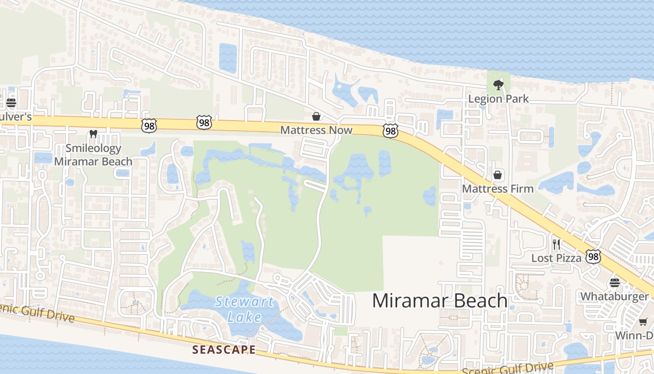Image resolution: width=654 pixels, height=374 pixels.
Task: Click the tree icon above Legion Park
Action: coord(498,85)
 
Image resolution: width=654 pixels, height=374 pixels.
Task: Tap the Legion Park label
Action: coord(498,99)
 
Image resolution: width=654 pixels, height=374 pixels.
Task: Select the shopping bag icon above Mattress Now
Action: coord(316,116)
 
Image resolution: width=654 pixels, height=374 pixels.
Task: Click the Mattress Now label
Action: coord(316,130)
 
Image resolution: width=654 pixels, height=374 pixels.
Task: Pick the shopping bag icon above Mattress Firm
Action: coord(498,175)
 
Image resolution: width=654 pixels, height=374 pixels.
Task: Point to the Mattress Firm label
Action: coord(498,189)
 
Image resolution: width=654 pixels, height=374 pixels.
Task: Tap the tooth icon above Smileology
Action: coord(93,134)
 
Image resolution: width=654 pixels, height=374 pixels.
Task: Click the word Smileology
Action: coord(93,148)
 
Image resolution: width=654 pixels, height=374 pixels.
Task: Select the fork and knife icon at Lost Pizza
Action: coord(556,244)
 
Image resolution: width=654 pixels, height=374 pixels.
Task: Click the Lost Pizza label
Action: coord(556,258)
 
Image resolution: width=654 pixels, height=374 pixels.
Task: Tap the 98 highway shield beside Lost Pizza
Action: coord(593,256)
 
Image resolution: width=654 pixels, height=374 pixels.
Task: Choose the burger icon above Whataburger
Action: coord(614,282)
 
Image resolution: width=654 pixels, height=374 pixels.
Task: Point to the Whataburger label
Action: coord(614,296)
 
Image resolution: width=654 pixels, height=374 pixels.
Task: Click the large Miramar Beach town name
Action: coord(440,301)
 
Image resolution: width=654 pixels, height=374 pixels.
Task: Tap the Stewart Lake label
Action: coord(244,309)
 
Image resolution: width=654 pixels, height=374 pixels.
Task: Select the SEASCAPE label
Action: coord(224,349)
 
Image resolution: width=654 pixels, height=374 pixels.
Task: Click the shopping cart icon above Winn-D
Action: coord(643,322)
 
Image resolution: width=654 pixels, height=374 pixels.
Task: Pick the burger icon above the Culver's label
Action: coord(11,103)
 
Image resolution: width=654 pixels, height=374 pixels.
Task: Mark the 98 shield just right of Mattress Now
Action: coord(390,131)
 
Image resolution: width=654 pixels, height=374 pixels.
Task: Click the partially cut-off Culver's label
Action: coord(15,116)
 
